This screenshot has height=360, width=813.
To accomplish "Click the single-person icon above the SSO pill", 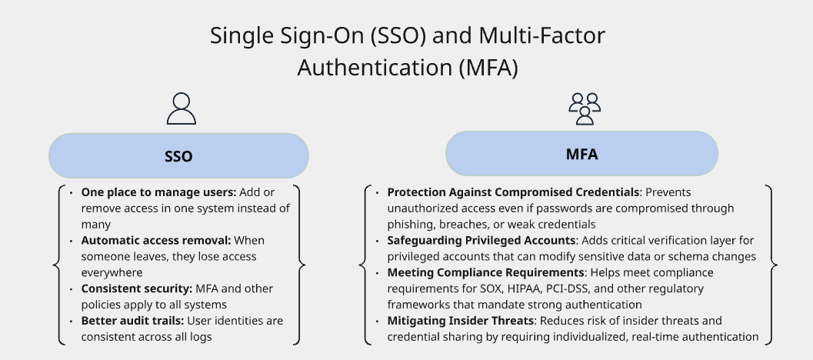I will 181,108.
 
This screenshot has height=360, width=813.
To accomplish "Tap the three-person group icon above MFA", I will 584,108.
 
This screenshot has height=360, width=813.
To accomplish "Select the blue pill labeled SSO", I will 178,156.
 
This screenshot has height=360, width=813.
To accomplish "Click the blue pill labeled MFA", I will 581,153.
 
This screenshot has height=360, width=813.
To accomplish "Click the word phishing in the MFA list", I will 412,225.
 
